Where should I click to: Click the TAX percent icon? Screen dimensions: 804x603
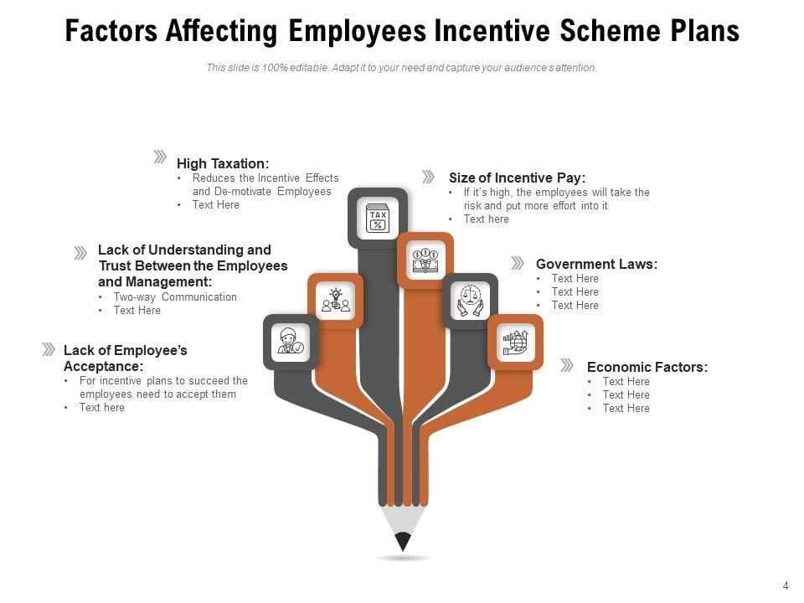click(x=378, y=218)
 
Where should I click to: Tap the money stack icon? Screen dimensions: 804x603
click(x=425, y=260)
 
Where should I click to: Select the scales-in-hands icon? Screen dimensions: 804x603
click(x=470, y=300)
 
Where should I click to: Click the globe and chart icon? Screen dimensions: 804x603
click(x=515, y=342)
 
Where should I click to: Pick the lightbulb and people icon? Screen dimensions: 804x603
click(x=335, y=300)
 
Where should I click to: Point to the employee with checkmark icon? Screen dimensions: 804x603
click(x=291, y=342)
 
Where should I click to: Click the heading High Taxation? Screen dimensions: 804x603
click(x=223, y=164)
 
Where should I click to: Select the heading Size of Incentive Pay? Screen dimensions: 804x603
click(x=517, y=178)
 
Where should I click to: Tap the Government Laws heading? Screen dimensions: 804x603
click(x=596, y=264)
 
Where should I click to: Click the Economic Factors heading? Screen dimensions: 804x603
click(x=647, y=367)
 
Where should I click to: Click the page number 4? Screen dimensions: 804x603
click(x=786, y=585)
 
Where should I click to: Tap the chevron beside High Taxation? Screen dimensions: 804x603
click(x=159, y=157)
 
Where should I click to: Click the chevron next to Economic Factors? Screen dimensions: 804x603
click(x=567, y=365)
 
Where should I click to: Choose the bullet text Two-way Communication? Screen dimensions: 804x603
click(x=175, y=296)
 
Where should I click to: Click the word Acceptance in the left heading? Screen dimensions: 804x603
click(x=103, y=366)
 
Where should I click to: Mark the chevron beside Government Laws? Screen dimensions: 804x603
click(x=518, y=263)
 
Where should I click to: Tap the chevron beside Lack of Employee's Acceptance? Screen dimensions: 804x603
click(x=49, y=349)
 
